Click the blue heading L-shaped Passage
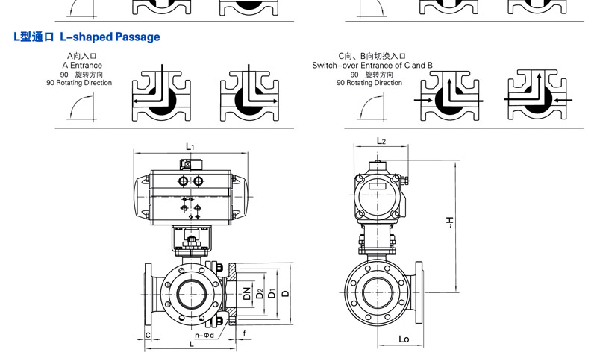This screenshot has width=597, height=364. click(x=110, y=37)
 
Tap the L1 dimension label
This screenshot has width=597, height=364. click(x=190, y=147)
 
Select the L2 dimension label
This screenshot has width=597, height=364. click(x=381, y=141)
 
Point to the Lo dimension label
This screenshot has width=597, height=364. click(x=404, y=339)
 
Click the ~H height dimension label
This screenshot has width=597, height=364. click(x=450, y=222)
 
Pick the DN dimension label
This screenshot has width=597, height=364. click(x=247, y=293)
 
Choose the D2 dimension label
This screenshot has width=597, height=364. click(x=260, y=293)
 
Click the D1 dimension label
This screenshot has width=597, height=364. click(x=272, y=293)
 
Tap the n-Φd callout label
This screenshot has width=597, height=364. click(x=204, y=336)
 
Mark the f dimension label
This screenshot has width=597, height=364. click(x=244, y=333)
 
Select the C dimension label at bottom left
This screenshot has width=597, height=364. click(x=148, y=335)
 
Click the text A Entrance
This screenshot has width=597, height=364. click(x=82, y=65)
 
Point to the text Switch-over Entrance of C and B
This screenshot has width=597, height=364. click(x=372, y=65)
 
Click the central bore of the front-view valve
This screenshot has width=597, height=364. click(x=192, y=294)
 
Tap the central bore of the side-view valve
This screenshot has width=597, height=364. click(x=378, y=292)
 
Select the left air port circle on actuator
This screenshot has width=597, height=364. click(x=183, y=181)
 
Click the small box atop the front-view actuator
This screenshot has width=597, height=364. click(x=191, y=164)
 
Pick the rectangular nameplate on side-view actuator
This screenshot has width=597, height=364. click(x=377, y=186)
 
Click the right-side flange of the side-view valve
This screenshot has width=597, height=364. click(x=419, y=292)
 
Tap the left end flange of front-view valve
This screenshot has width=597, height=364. click(x=148, y=294)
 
